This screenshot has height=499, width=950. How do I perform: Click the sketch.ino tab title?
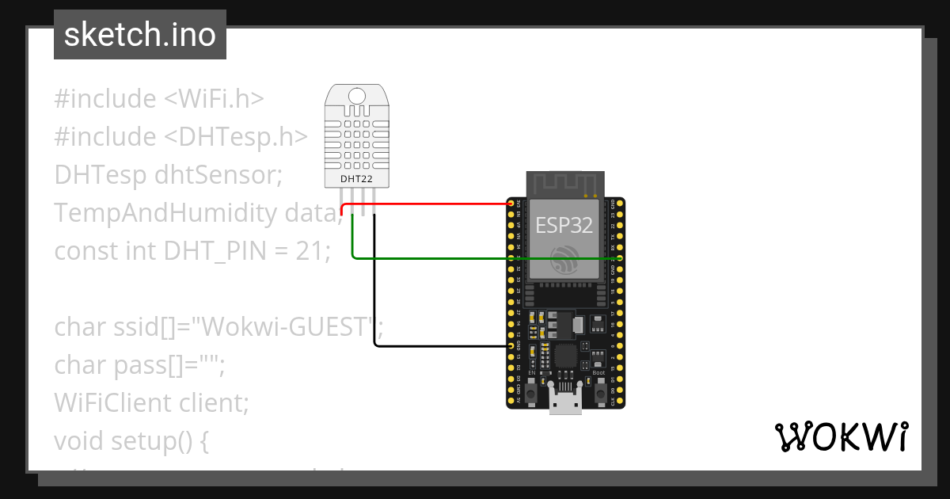[x=139, y=35]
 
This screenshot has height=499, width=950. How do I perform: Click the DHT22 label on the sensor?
[x=356, y=179]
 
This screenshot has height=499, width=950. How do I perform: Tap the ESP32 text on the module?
[x=564, y=225]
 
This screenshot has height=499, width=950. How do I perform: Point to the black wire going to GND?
[x=443, y=346]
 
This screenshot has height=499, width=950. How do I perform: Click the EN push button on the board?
[x=532, y=392]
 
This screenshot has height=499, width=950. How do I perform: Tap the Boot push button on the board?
[x=599, y=392]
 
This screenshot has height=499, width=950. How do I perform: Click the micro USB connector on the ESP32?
[x=565, y=402]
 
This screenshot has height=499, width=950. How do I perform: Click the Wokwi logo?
[x=841, y=437]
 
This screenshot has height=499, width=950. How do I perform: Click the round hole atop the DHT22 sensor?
[x=357, y=96]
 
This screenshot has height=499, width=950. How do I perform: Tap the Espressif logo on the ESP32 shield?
[x=564, y=259]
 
